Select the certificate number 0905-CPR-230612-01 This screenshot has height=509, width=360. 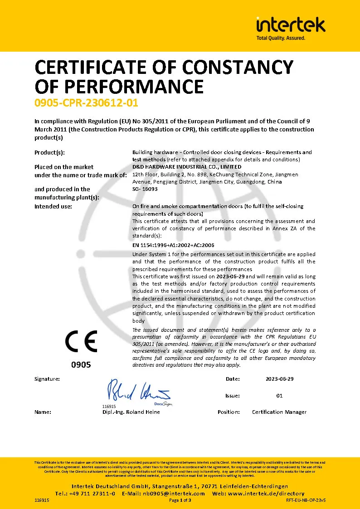[86, 103]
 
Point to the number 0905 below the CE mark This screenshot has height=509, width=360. [82, 364]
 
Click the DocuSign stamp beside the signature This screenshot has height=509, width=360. [163, 403]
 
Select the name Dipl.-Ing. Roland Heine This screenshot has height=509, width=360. [131, 412]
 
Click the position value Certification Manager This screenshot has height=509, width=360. [279, 412]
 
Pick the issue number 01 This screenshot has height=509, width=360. [279, 396]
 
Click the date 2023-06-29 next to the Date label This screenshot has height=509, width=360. [280, 378]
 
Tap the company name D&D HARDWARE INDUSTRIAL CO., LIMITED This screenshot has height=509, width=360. [181, 167]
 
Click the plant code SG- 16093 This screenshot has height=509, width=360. [145, 189]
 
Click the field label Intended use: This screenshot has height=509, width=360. [53, 206]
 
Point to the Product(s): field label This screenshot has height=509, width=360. [49, 152]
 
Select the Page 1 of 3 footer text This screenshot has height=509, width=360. [180, 500]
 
